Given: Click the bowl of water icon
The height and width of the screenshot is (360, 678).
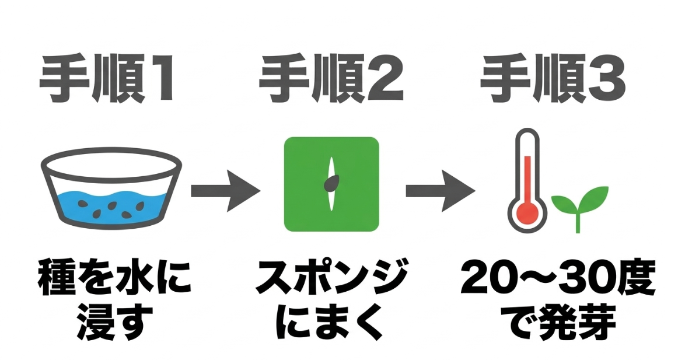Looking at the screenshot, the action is [x=111, y=187].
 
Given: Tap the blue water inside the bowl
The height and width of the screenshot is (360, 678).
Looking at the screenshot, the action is [x=111, y=206].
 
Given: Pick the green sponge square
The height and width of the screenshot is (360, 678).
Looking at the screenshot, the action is [x=331, y=184].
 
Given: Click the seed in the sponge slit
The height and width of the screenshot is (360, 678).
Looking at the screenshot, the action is [x=331, y=183].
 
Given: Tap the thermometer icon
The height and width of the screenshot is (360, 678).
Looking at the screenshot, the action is [x=527, y=180].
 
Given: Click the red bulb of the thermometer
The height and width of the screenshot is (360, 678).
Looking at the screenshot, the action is [x=527, y=212].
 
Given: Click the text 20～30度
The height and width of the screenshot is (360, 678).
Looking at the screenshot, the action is [x=558, y=278].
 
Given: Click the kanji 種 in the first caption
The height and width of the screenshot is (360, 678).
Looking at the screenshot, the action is [x=57, y=278].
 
